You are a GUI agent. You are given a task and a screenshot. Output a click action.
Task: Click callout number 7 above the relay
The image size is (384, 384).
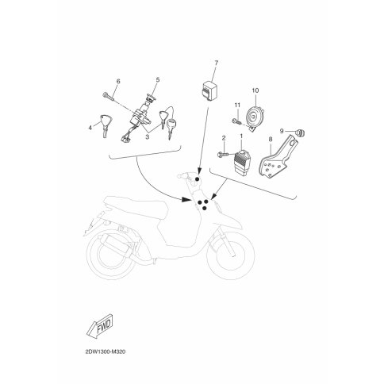217,63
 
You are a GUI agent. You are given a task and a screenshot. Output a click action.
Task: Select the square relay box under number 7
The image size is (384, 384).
209,91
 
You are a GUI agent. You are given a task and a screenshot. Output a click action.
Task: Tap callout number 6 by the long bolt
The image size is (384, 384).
118,81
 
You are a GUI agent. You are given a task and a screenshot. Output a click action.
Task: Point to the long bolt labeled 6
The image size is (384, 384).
109,98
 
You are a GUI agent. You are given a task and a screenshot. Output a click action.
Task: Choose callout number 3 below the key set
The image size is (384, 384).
147,136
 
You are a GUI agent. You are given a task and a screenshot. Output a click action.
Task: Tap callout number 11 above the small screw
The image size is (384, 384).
237,106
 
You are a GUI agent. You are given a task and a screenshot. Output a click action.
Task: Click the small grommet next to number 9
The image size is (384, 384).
301,132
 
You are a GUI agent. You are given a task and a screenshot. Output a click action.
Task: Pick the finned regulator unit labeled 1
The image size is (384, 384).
242,161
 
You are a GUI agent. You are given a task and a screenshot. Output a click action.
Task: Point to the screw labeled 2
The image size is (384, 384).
224,155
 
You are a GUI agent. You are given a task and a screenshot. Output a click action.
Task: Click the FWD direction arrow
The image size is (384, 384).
100,325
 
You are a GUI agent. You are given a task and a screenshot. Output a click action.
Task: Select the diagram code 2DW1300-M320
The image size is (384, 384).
106,351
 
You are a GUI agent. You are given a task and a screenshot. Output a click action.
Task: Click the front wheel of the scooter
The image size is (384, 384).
231,255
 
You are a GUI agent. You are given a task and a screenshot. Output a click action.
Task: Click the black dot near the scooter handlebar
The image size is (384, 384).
197,179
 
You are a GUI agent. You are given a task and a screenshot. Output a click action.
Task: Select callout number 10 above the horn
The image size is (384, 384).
255,90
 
